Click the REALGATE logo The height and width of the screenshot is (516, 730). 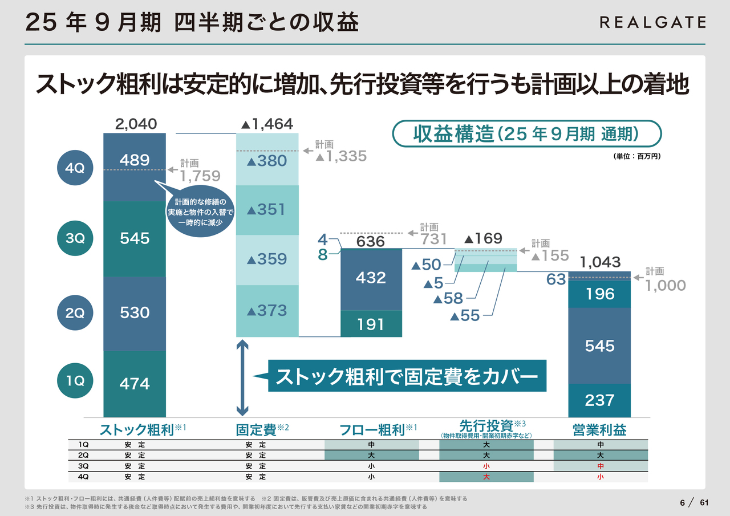point(652,22)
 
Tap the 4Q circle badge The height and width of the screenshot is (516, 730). point(75,168)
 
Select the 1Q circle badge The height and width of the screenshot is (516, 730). point(75,381)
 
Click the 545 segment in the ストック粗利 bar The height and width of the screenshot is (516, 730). point(135,238)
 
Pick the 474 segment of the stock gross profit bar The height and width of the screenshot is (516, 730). point(135,384)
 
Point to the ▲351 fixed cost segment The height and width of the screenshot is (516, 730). point(267,210)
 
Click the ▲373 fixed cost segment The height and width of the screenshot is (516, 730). point(267,311)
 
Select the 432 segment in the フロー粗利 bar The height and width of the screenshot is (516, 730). point(371,278)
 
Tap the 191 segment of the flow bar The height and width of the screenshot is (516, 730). point(371,324)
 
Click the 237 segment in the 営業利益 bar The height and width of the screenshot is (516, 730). point(599,400)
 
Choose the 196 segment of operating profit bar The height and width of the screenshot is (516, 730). point(599,294)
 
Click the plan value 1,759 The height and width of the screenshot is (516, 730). point(200,176)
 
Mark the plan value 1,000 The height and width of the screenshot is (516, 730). point(665,285)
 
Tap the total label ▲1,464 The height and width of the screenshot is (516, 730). point(267,124)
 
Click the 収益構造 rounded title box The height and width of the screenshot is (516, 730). point(527,134)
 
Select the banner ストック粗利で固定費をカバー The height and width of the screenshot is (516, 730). point(407,376)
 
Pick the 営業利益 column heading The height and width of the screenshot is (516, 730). point(599,430)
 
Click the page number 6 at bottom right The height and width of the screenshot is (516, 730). point(682,502)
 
